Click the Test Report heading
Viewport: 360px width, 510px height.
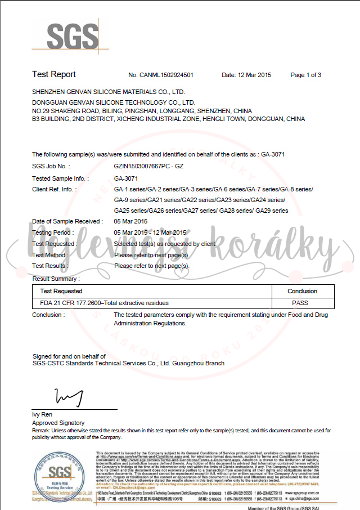tap(54, 74)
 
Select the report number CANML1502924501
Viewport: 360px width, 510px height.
tap(161, 75)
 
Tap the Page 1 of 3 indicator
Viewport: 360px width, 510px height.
tap(305, 75)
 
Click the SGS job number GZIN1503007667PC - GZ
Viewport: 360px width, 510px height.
tap(148, 167)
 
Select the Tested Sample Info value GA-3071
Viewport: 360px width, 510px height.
tap(126, 178)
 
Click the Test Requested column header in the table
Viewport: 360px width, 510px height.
tap(61, 291)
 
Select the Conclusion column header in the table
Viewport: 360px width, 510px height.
tap(303, 291)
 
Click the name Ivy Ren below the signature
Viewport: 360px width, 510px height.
tap(42, 415)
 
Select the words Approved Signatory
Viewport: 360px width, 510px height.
tap(58, 423)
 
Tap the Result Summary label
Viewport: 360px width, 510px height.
tap(56, 279)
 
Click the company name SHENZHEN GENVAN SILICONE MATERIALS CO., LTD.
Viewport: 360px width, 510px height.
tap(109, 91)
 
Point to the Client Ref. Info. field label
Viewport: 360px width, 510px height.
tap(54, 189)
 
